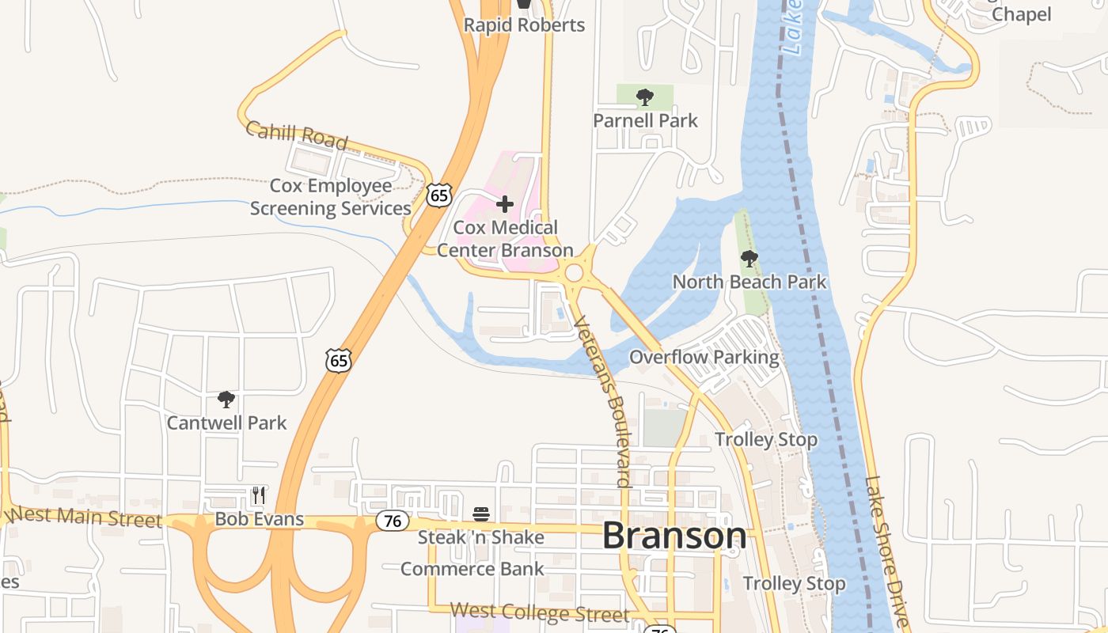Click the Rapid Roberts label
click(524, 25)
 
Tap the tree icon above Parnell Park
click(645, 97)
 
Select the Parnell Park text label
click(646, 120)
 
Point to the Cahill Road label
click(297, 135)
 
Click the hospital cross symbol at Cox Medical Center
click(504, 204)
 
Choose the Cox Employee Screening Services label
click(331, 197)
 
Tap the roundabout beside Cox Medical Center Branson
click(574, 274)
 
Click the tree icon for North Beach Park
click(749, 259)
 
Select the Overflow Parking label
click(704, 357)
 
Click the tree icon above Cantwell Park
click(226, 400)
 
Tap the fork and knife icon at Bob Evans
click(259, 495)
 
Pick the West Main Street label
click(87, 517)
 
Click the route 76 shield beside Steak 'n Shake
click(392, 521)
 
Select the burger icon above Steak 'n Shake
click(481, 514)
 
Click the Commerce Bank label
click(472, 569)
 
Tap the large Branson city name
click(674, 536)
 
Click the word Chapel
click(1022, 14)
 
